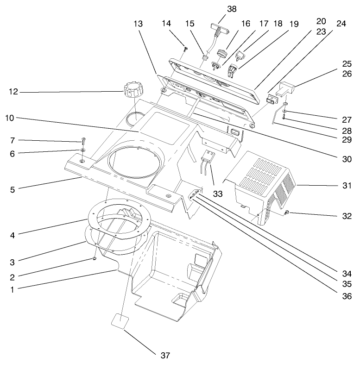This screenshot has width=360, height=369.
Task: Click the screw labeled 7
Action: (84, 140)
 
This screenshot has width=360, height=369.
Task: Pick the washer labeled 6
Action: (82, 150)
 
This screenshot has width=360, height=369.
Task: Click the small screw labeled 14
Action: (185, 48)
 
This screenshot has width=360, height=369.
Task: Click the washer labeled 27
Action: (283, 112)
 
